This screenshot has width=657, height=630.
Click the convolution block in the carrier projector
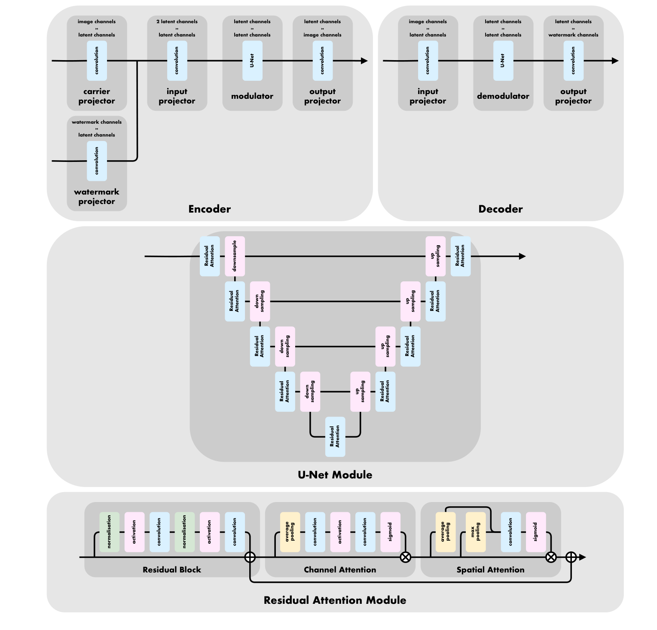[97, 61]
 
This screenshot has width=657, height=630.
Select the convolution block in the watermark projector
[97, 161]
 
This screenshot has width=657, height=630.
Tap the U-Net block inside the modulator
[252, 61]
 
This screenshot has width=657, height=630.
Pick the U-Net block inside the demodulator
[503, 61]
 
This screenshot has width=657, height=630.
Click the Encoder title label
[209, 209]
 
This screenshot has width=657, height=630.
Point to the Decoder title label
[500, 209]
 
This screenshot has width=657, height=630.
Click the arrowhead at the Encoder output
[364, 61]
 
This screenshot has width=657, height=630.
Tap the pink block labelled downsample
[235, 256]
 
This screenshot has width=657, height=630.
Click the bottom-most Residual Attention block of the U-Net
[335, 437]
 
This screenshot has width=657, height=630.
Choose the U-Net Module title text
[335, 475]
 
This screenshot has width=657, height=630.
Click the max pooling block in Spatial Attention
[476, 532]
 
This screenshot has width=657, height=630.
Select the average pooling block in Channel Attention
[290, 532]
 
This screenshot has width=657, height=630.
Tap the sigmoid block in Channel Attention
[390, 532]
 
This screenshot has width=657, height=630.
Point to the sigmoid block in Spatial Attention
[536, 532]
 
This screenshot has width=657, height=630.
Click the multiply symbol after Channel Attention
[405, 557]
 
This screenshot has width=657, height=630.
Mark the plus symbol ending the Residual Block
[250, 557]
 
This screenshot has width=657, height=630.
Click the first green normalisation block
[109, 532]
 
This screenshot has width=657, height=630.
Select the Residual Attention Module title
[335, 600]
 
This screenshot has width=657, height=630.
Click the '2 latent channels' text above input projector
[177, 21]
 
